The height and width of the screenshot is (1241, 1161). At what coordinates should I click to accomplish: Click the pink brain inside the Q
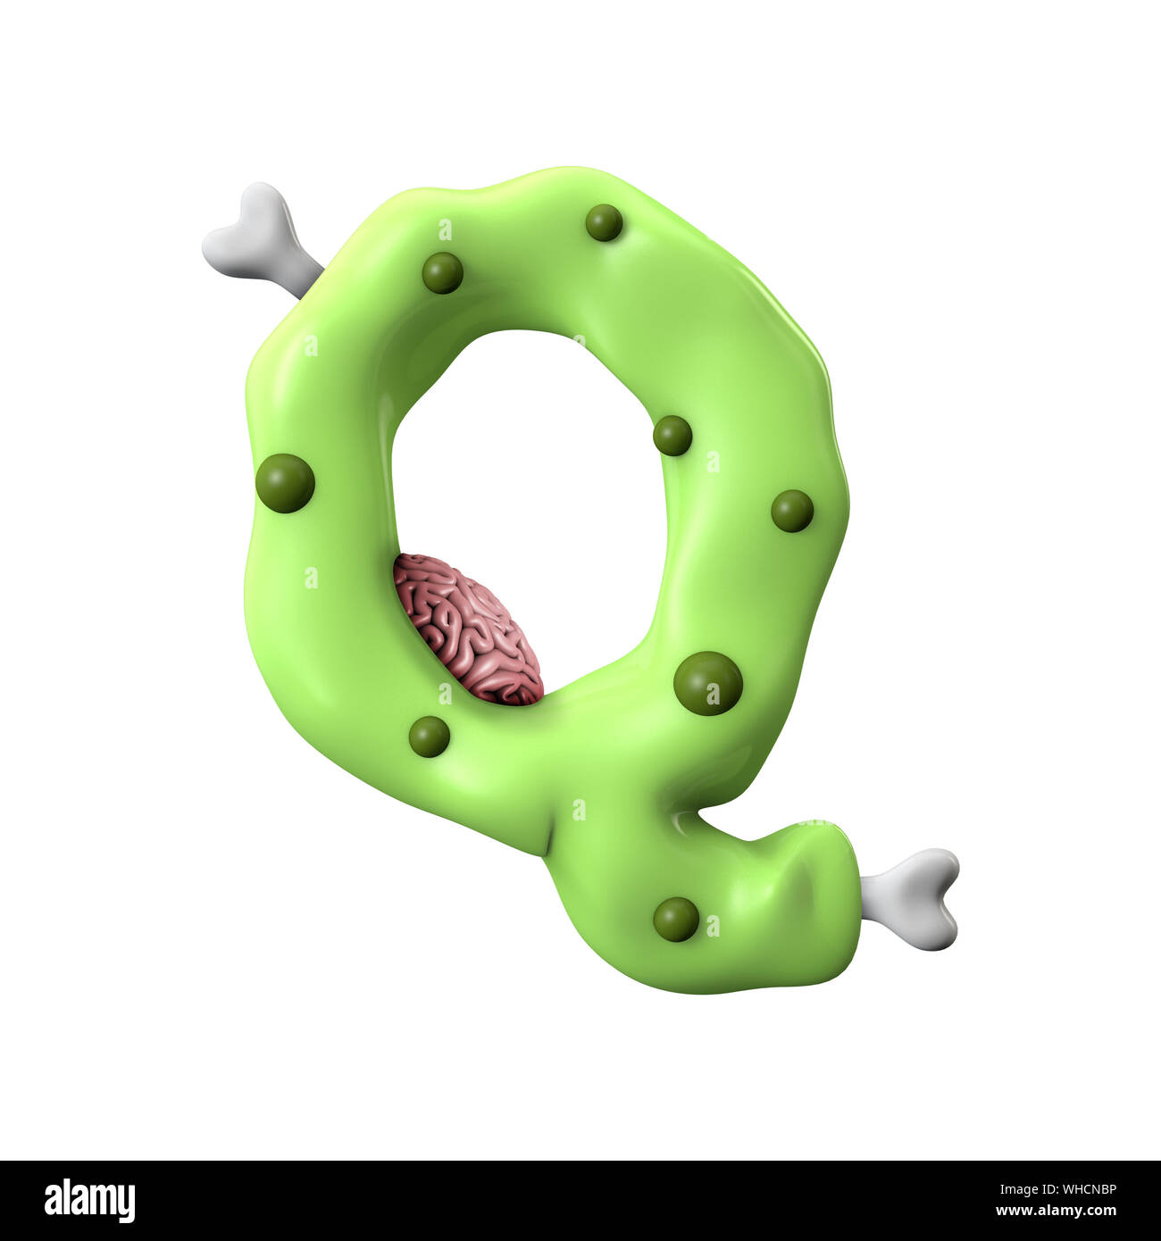click(x=468, y=629)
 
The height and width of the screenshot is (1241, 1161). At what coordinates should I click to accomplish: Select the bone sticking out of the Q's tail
click(x=915, y=897)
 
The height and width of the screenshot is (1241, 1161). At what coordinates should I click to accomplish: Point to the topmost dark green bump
click(x=604, y=222)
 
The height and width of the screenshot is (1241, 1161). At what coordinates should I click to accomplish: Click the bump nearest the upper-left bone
click(x=442, y=272)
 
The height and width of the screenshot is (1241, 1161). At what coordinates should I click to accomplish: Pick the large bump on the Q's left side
click(x=285, y=482)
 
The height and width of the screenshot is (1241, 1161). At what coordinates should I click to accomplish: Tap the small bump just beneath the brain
click(x=429, y=737)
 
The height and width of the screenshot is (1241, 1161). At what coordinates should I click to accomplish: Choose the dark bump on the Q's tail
click(x=676, y=919)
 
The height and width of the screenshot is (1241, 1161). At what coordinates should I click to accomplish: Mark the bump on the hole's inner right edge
click(x=672, y=436)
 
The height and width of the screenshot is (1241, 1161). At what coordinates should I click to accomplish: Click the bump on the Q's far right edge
click(x=792, y=511)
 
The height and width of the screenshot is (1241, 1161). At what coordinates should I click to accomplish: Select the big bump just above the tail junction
click(x=707, y=683)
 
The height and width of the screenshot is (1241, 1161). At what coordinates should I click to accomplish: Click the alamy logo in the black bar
click(x=89, y=1200)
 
